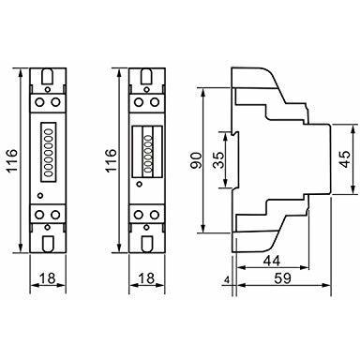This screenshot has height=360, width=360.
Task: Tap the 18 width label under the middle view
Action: pyautogui.click(x=146, y=278)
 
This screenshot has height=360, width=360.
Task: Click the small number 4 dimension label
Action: pyautogui.click(x=228, y=280)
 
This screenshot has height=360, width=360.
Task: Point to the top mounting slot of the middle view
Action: pyautogui.click(x=146, y=73)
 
